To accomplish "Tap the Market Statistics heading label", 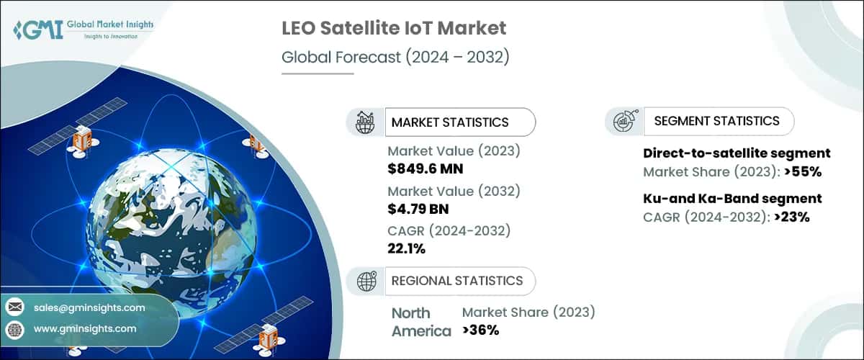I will (450, 122).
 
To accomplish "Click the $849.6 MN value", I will (425, 169).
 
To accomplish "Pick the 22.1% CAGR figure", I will (408, 249).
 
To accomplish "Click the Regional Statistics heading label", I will (457, 280).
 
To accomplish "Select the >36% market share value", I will (481, 330).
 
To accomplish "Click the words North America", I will (411, 322).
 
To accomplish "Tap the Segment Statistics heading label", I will (716, 121).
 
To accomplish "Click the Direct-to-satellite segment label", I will (736, 153).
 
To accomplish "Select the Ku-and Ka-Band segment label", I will (732, 198).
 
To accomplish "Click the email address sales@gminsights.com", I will (89, 307).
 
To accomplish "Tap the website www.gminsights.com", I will (84, 329).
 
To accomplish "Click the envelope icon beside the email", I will (14, 307).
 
